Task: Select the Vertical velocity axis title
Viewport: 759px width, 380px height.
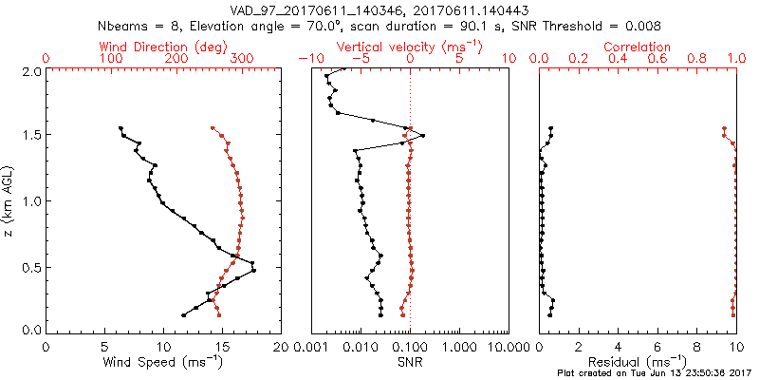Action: click(x=409, y=47)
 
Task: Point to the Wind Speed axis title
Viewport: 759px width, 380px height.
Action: click(x=162, y=362)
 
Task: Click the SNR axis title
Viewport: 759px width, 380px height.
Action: click(x=409, y=362)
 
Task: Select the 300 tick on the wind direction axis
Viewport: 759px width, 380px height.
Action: click(x=243, y=59)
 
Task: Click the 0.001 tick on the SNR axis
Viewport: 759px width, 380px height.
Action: click(x=311, y=347)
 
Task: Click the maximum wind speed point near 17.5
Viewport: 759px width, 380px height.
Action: click(x=253, y=272)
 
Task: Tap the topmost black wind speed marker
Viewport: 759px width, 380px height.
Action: click(x=120, y=128)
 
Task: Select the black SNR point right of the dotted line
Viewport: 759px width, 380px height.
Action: click(x=422, y=136)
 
